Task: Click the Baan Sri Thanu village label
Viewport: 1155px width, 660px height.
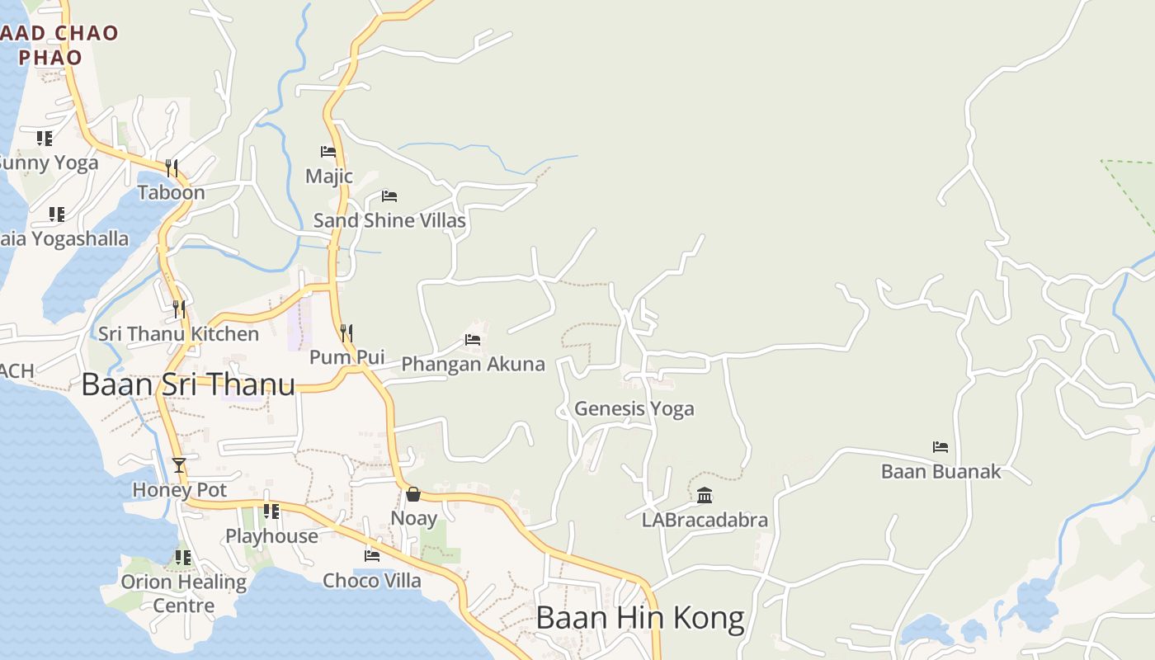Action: (x=188, y=384)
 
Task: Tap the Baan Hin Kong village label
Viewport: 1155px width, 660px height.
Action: (x=640, y=617)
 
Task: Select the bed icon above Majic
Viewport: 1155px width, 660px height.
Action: (x=328, y=152)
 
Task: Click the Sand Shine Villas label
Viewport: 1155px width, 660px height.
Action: (x=389, y=221)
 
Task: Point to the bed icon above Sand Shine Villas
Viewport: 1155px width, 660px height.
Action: (x=389, y=196)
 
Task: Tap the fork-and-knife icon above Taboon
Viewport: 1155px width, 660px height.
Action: (x=172, y=168)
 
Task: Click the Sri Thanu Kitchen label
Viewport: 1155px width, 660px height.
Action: (x=178, y=334)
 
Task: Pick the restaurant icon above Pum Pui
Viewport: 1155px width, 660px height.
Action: (x=346, y=333)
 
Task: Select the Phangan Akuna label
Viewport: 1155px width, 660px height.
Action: (x=473, y=364)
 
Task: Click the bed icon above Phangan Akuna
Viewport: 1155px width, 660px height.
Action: (x=473, y=339)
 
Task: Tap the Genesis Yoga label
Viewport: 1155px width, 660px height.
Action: (x=634, y=408)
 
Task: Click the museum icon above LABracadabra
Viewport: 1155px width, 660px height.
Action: (x=705, y=495)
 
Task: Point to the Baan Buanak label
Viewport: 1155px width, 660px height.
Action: (x=940, y=472)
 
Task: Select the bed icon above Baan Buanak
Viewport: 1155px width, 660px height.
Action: (x=940, y=447)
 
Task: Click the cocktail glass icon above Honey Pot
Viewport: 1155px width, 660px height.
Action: (x=179, y=465)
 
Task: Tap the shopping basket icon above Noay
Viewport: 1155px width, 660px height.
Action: (x=413, y=494)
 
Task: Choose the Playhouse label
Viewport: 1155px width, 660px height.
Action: (x=271, y=536)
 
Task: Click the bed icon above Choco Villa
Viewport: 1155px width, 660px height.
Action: (x=372, y=556)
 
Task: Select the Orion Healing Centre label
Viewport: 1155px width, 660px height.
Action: (x=183, y=593)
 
